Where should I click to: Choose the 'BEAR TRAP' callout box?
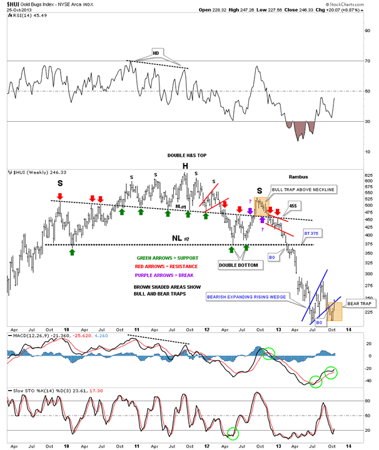(x=356, y=302)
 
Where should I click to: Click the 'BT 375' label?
(x=311, y=233)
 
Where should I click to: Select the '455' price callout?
(x=292, y=205)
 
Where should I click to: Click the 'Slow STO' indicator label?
(x=19, y=391)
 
